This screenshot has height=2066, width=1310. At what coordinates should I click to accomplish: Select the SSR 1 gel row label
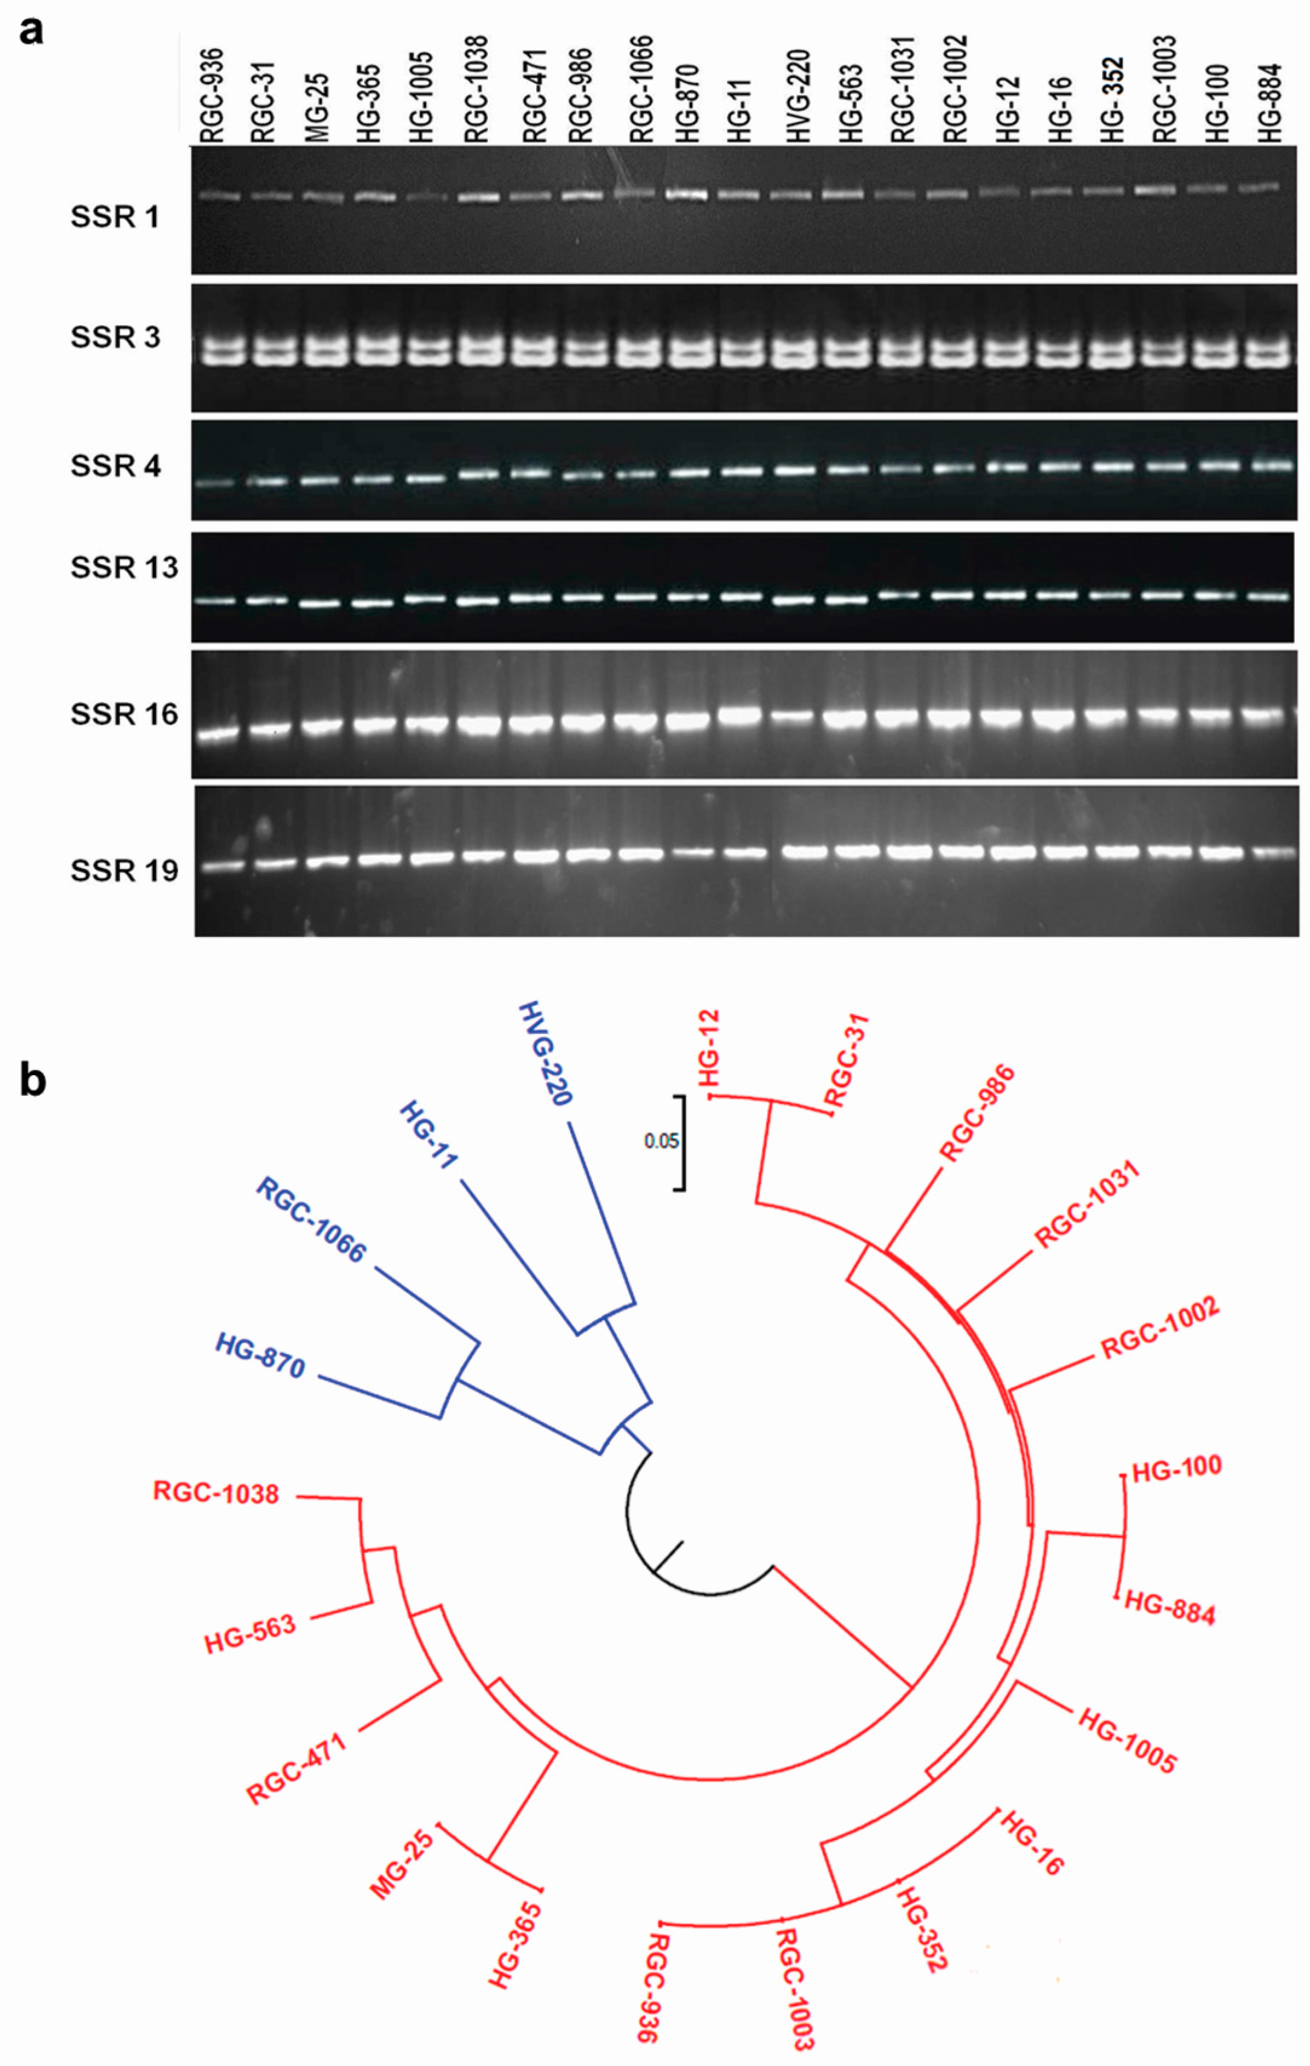(x=115, y=217)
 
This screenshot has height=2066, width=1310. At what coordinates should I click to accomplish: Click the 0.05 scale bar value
(x=661, y=1140)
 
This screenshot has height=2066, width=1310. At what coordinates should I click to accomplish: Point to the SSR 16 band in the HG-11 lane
(x=739, y=716)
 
